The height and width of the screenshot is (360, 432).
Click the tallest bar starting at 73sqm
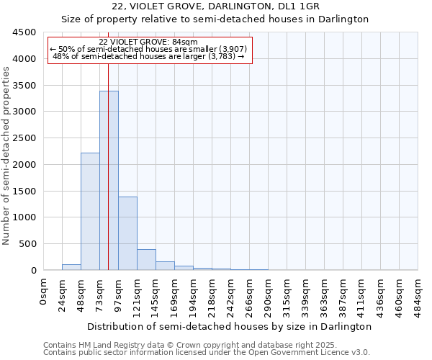pos(109,180)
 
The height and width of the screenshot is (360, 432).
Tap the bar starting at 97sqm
pos(127,233)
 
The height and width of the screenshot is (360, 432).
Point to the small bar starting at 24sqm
pos(71,267)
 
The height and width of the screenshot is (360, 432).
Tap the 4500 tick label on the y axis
pos(24,32)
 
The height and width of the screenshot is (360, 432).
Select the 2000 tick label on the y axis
pos(24,165)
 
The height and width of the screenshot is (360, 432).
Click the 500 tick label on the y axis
pos(27,244)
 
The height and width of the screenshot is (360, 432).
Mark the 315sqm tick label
pos(287,294)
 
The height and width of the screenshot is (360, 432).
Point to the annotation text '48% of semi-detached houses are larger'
pos(148,56)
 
